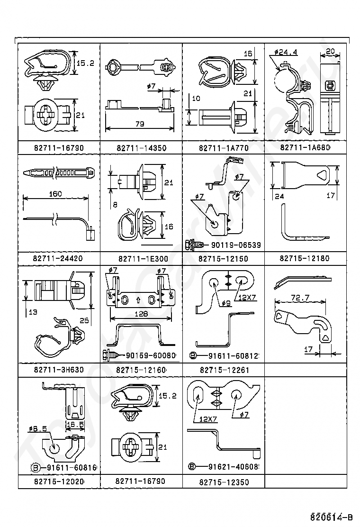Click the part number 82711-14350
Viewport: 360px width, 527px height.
coord(141,148)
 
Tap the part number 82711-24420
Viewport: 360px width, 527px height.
coord(58,259)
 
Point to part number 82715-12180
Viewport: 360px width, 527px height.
coord(305,258)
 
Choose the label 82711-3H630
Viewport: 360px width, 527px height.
coord(58,370)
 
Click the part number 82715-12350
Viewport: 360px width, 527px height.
coord(223,482)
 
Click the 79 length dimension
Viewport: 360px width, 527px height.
coord(139,124)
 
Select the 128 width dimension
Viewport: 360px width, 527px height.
coord(141,313)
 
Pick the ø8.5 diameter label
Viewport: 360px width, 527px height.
coord(37,428)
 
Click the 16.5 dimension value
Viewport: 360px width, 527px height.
coord(74,425)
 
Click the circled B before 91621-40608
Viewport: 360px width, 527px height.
coord(192,466)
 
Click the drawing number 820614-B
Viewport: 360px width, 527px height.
coord(332,517)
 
